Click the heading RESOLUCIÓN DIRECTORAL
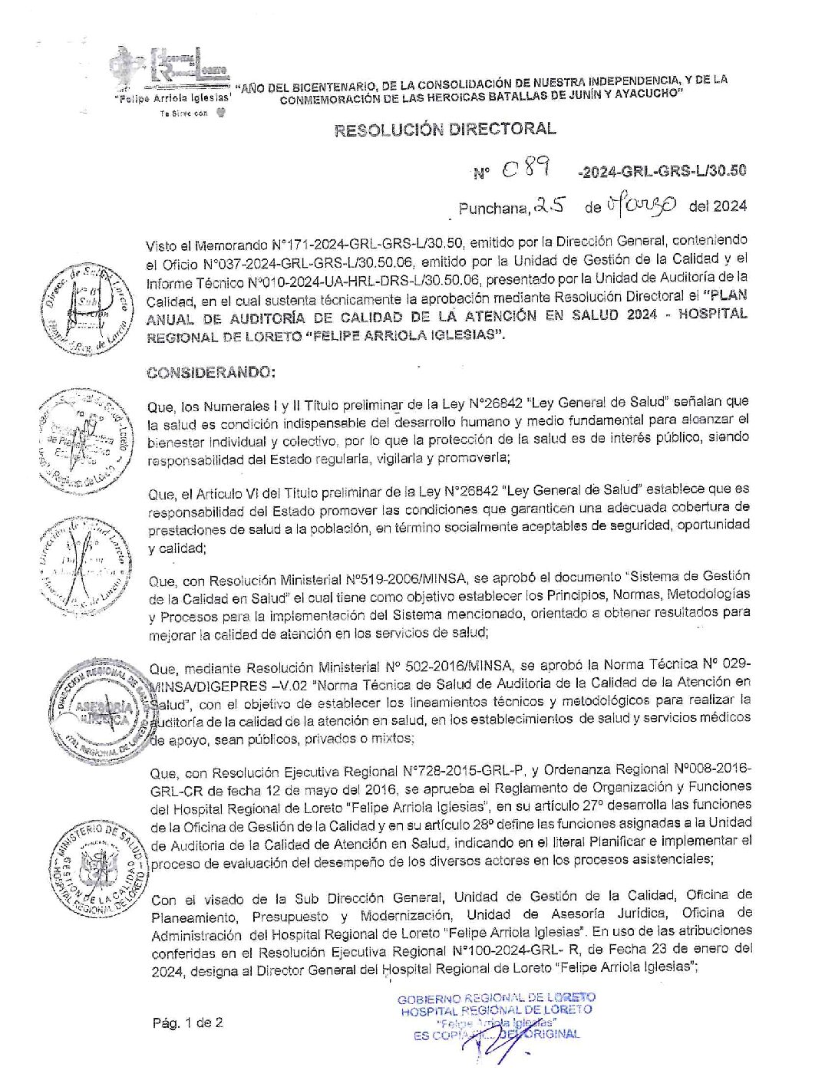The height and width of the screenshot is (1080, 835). [445, 129]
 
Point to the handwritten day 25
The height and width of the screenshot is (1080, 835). [550, 206]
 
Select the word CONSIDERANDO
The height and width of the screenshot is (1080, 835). [210, 373]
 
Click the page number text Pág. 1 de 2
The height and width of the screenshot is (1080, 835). [187, 1022]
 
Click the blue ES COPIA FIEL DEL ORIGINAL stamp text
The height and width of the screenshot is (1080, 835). [497, 1034]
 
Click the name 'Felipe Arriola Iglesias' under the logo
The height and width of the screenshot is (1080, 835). [172, 99]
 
